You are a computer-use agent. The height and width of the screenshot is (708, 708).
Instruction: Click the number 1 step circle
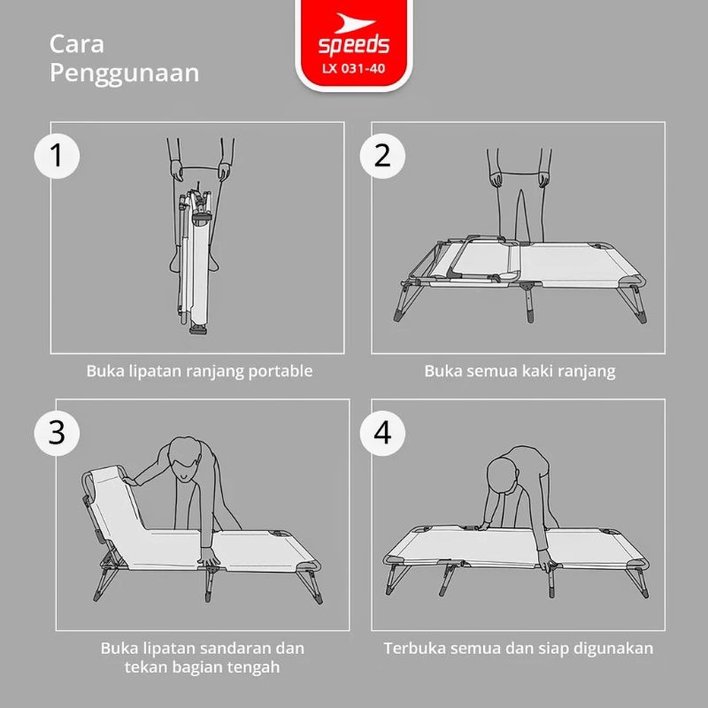pyautogui.click(x=57, y=156)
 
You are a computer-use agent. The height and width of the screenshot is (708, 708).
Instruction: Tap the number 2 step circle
pyautogui.click(x=382, y=156)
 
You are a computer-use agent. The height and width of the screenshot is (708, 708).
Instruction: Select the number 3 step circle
pyautogui.click(x=57, y=433)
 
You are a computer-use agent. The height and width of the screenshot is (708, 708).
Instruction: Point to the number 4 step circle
pyautogui.click(x=382, y=433)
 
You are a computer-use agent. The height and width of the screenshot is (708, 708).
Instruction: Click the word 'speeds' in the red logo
pyautogui.click(x=353, y=46)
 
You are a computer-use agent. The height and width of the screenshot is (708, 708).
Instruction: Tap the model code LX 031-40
pyautogui.click(x=353, y=69)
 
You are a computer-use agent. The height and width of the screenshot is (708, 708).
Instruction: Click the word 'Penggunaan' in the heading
pyautogui.click(x=124, y=74)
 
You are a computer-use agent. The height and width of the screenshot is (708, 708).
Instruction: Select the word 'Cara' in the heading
pyautogui.click(x=77, y=45)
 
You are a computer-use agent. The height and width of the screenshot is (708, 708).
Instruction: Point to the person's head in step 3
pyautogui.click(x=185, y=458)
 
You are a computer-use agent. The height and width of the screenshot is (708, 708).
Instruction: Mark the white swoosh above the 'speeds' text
pyautogui.click(x=354, y=23)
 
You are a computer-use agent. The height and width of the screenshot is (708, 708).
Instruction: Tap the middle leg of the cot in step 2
pyautogui.click(x=529, y=302)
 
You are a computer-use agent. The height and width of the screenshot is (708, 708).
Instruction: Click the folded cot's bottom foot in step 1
pyautogui.click(x=198, y=329)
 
